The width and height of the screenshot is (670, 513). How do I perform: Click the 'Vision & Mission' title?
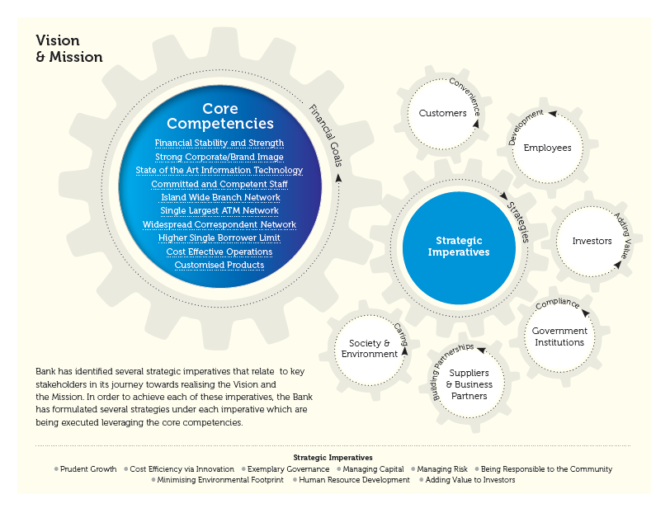pyautogui.click(x=69, y=49)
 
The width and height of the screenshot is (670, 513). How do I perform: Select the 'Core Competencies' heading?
pyautogui.click(x=219, y=116)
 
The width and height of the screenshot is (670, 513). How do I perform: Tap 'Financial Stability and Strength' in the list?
pyautogui.click(x=219, y=144)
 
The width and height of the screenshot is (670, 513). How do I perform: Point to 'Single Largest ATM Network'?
pyautogui.click(x=219, y=211)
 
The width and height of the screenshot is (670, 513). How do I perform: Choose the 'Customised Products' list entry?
pyautogui.click(x=219, y=265)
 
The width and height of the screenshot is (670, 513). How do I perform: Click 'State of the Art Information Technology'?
pyautogui.click(x=219, y=171)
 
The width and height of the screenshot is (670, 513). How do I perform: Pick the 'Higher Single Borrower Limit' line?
pyautogui.click(x=219, y=238)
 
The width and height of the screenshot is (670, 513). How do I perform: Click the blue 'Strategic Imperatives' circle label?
pyautogui.click(x=459, y=246)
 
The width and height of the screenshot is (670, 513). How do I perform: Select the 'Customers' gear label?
pyautogui.click(x=442, y=113)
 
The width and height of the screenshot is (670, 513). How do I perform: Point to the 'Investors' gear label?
pyautogui.click(x=592, y=241)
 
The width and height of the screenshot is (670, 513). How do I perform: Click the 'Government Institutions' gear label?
pyautogui.click(x=559, y=337)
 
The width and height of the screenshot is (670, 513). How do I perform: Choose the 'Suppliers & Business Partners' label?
pyautogui.click(x=469, y=384)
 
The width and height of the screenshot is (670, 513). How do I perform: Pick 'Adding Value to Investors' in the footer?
pyautogui.click(x=470, y=480)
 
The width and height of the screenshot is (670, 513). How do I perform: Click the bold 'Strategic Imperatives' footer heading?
pyautogui.click(x=333, y=457)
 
